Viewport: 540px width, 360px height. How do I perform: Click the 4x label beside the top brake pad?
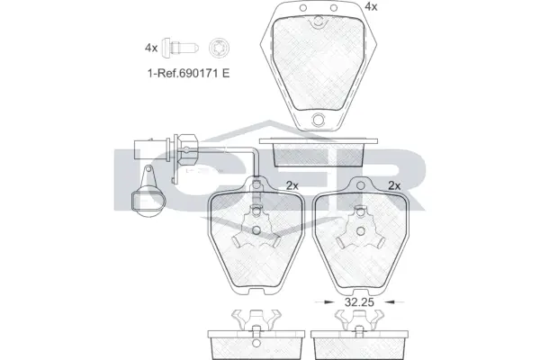(x=370, y=6)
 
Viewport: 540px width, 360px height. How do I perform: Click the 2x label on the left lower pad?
(x=292, y=186)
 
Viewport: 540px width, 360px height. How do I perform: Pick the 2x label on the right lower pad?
(x=392, y=186)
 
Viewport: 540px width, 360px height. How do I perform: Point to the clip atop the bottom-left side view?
(x=256, y=319)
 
